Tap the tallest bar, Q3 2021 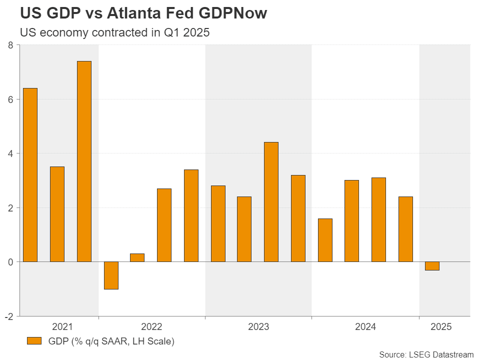click(84, 161)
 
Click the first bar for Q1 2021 click(30, 174)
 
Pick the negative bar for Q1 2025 click(432, 266)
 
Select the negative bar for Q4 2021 click(111, 275)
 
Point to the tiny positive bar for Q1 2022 click(137, 257)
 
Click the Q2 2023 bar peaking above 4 click(271, 201)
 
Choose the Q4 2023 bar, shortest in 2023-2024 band click(324, 240)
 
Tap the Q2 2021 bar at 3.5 click(57, 214)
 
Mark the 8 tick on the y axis click(10, 45)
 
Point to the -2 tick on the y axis click(9, 316)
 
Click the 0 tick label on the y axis click(10, 262)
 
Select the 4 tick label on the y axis click(10, 153)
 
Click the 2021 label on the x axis click(62, 327)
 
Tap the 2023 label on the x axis click(258, 327)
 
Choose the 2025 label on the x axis click(440, 327)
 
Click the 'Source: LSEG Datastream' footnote click(426, 354)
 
